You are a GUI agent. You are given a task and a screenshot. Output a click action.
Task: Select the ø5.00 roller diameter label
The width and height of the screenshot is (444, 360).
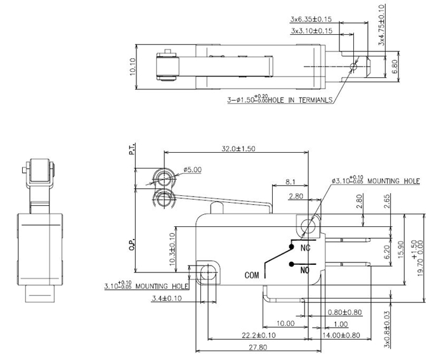coord(193,169)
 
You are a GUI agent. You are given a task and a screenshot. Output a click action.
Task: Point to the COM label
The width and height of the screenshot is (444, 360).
coord(252,275)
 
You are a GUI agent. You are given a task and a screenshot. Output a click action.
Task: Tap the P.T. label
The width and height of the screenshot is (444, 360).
coord(132,150)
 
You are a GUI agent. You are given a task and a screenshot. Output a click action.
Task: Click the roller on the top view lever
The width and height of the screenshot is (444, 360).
coord(168,66)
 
